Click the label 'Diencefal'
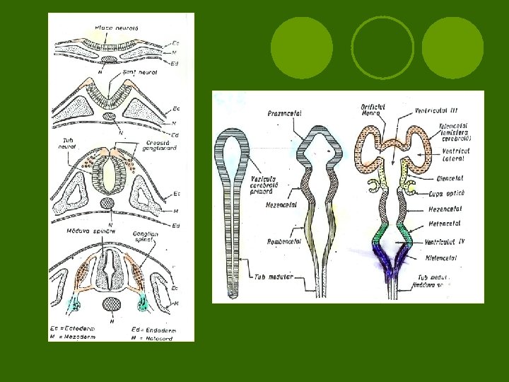tap(444, 178)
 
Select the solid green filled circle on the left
tap(302, 48)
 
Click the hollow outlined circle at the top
tap(382, 48)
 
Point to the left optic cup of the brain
tap(373, 186)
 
